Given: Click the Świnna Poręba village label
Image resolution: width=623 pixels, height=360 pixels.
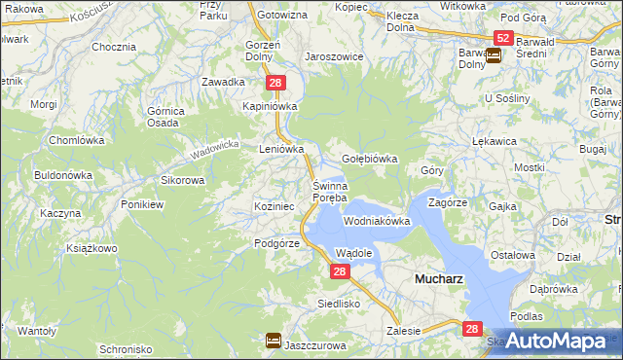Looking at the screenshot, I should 329,192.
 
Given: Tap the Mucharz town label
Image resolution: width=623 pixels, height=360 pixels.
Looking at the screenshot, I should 439,277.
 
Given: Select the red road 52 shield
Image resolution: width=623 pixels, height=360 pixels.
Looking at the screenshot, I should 502,38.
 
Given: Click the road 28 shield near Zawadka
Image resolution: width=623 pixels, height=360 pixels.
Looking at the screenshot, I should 275,84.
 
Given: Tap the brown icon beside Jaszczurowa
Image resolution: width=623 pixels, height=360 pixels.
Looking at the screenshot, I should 274,341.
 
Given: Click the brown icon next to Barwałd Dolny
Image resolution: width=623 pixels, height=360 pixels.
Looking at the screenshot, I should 494,55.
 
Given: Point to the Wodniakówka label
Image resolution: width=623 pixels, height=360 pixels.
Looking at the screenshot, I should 377,222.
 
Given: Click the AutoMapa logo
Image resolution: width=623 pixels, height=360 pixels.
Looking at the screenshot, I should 556,341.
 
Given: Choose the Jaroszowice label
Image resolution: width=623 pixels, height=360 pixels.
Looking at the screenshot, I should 334,56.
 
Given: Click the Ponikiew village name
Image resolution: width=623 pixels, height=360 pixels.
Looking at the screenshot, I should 142,204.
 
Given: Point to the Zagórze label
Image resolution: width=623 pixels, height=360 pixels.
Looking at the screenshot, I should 449,203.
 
